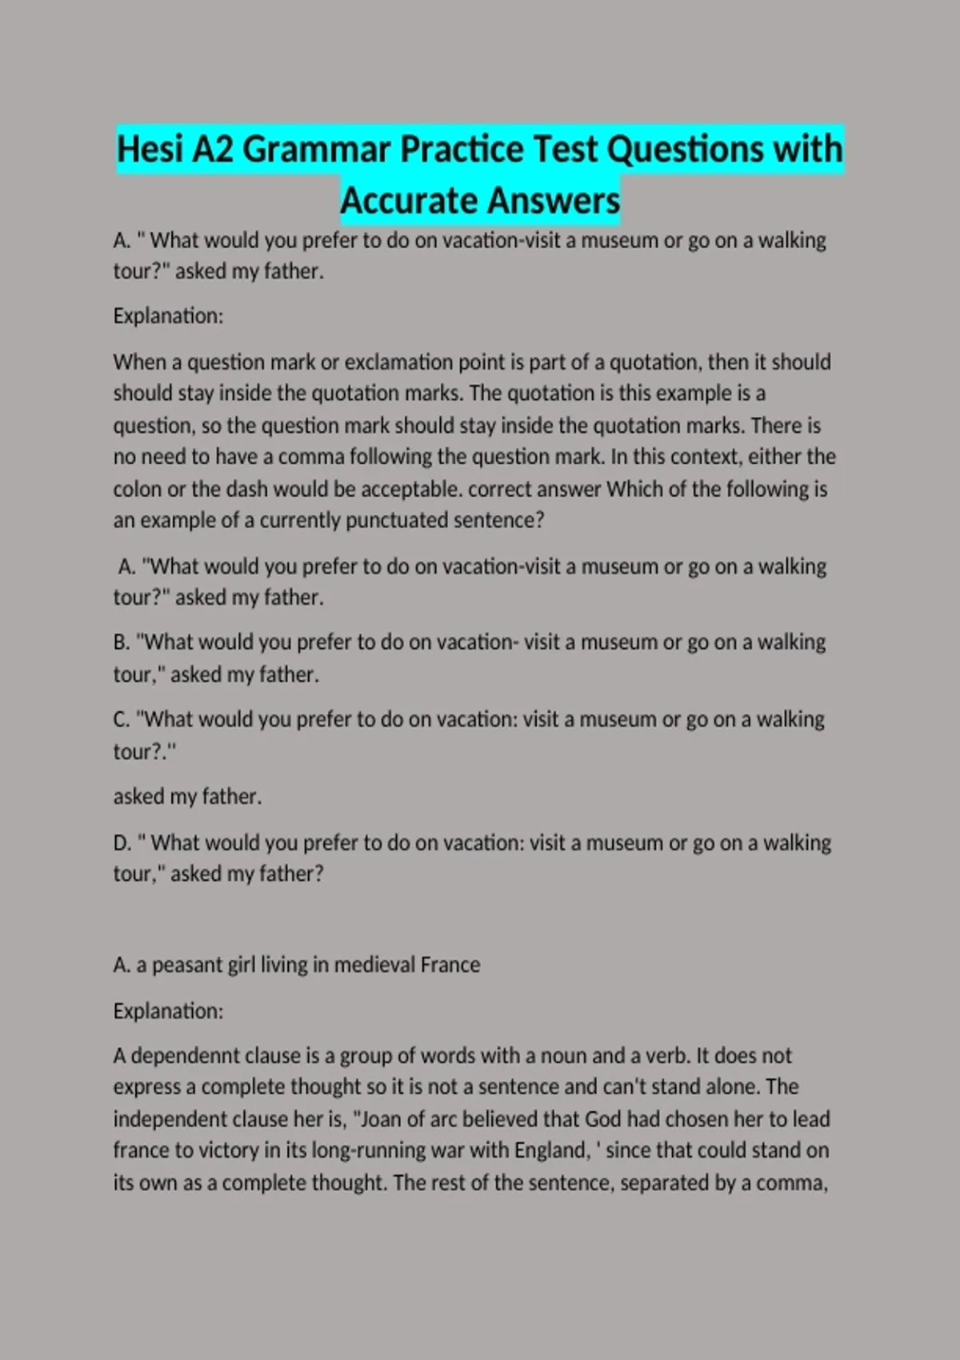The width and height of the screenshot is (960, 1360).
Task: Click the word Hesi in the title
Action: [x=150, y=150]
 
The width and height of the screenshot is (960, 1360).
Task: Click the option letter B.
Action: [x=121, y=642]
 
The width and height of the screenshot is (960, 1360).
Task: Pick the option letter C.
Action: [x=121, y=719]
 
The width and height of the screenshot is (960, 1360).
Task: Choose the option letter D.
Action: [x=122, y=842]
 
